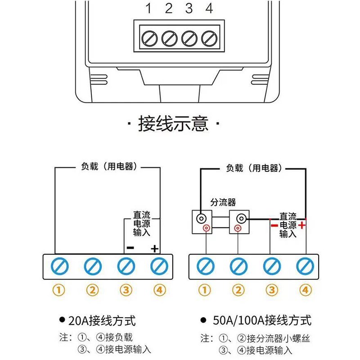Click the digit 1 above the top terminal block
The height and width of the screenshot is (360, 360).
[148, 8]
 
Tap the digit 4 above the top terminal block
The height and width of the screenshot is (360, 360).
[209, 8]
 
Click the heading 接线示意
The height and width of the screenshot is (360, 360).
[173, 123]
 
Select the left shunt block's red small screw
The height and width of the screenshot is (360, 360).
[206, 228]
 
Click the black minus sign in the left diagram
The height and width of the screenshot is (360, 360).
[130, 247]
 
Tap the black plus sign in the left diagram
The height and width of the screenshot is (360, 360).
[154, 248]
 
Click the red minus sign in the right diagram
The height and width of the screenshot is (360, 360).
[273, 224]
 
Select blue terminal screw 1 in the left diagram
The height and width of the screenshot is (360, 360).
[59, 266]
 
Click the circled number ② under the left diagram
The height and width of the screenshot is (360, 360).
[92, 290]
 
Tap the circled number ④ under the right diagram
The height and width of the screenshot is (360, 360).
[305, 290]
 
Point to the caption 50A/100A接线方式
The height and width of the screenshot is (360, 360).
[261, 321]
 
